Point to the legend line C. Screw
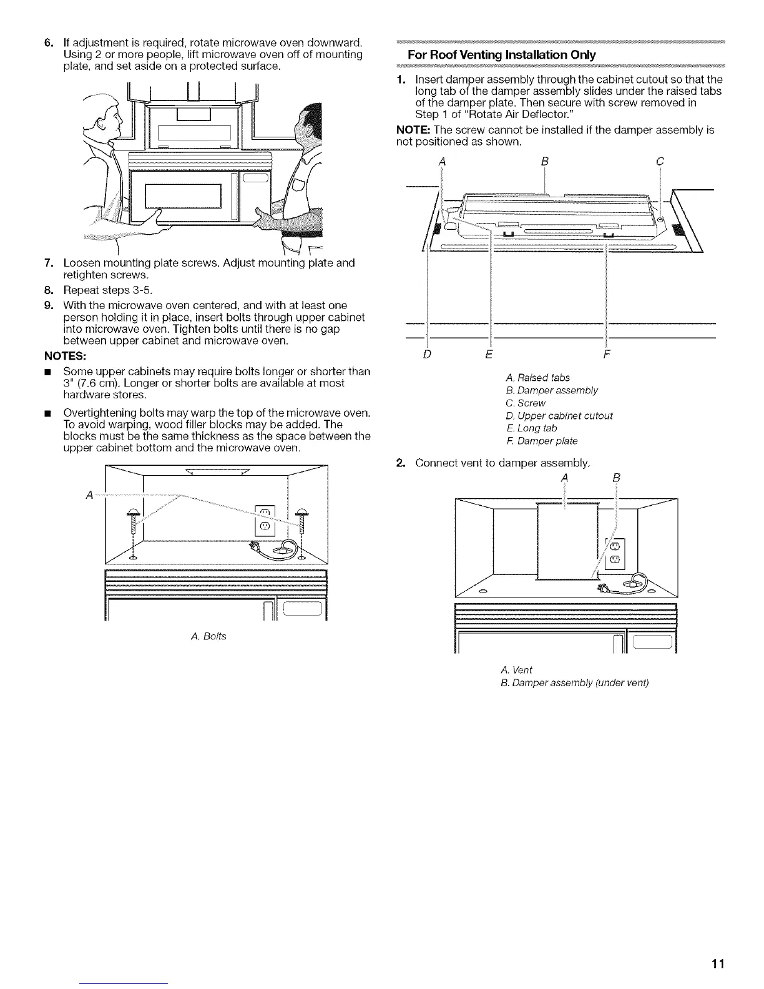tap(526, 403)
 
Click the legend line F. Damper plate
tap(541, 441)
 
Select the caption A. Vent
tap(517, 669)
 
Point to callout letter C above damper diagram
tap(660, 162)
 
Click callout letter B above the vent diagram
tap(616, 478)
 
